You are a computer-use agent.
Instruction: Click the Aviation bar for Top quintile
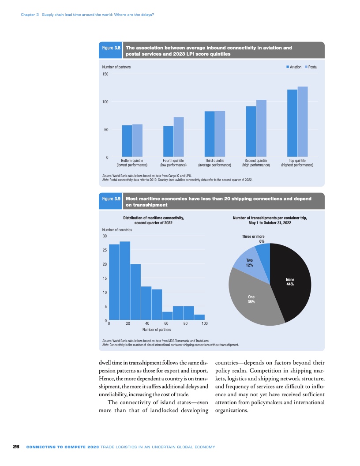coord(292,124)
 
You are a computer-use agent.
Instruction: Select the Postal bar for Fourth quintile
coord(179,137)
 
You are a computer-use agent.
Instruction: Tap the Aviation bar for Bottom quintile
coord(127,141)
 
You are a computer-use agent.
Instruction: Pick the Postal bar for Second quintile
coord(261,128)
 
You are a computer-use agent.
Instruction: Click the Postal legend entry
coord(311,67)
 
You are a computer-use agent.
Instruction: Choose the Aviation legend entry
coord(294,67)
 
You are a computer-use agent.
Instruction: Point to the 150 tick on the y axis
coord(105,74)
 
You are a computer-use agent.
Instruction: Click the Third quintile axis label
coord(215,163)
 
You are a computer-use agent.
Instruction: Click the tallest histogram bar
coord(125,281)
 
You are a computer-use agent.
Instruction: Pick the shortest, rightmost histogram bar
coord(199,317)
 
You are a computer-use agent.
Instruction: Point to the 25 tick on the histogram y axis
coord(105,250)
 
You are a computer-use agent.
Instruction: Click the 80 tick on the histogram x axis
coord(185,324)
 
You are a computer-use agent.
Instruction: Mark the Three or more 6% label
coord(253,239)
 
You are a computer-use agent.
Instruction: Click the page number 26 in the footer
coord(16,447)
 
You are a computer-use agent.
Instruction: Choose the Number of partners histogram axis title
coord(157,330)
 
